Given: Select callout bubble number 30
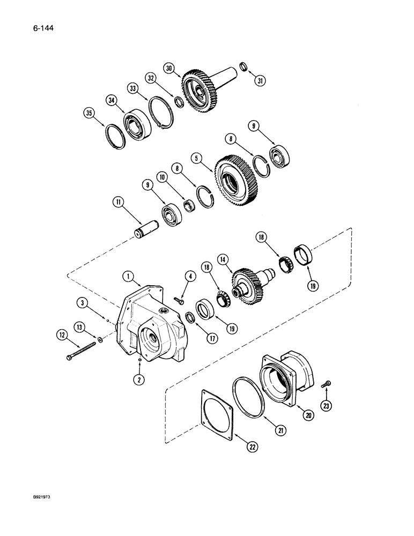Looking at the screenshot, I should pos(169,69).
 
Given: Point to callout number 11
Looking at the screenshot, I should pos(117,202).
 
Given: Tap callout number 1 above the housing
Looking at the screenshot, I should pos(127,277).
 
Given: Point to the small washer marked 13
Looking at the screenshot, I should pos(100,340).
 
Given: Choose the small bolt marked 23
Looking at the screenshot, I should pos(328,384).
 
